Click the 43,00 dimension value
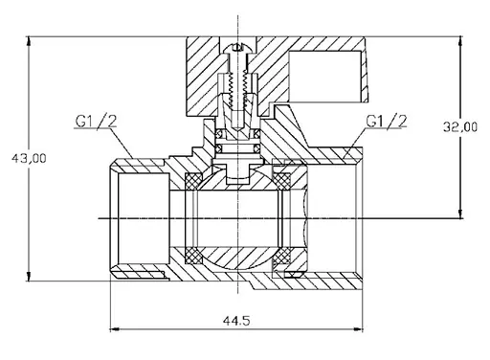pyautogui.click(x=29, y=158)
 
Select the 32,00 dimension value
pyautogui.click(x=460, y=127)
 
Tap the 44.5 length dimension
pyautogui.click(x=236, y=321)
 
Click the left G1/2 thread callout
pyautogui.click(x=96, y=121)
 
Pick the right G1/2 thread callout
pyautogui.click(x=387, y=121)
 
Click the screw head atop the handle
pyautogui.click(x=237, y=49)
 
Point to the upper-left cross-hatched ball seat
pyautogui.click(x=193, y=181)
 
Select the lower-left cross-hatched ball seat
pyautogui.click(x=193, y=256)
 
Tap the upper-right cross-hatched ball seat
pyautogui.click(x=281, y=181)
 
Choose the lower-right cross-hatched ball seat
pyautogui.click(x=281, y=256)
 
